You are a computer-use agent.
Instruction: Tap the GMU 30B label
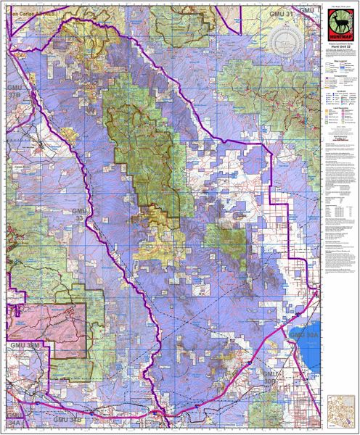(271, 378)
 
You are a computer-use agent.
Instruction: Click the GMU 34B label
(68, 420)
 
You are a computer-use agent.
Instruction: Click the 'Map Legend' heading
(337, 61)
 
